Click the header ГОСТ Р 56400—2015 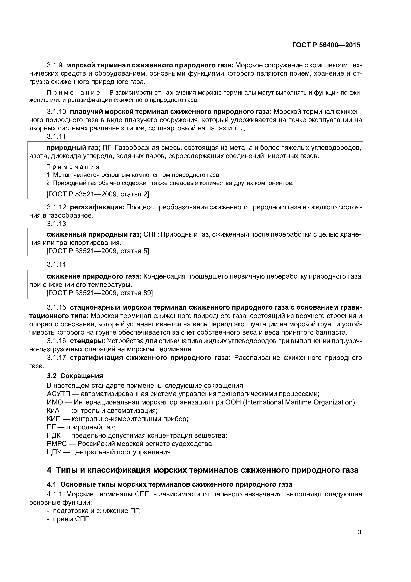[326, 45]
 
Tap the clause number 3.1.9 [55, 65]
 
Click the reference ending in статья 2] [98, 194]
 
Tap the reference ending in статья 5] [98, 251]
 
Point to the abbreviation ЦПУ [54, 452]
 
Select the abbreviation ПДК [54, 436]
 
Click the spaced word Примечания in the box [73, 167]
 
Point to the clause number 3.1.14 [56, 264]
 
